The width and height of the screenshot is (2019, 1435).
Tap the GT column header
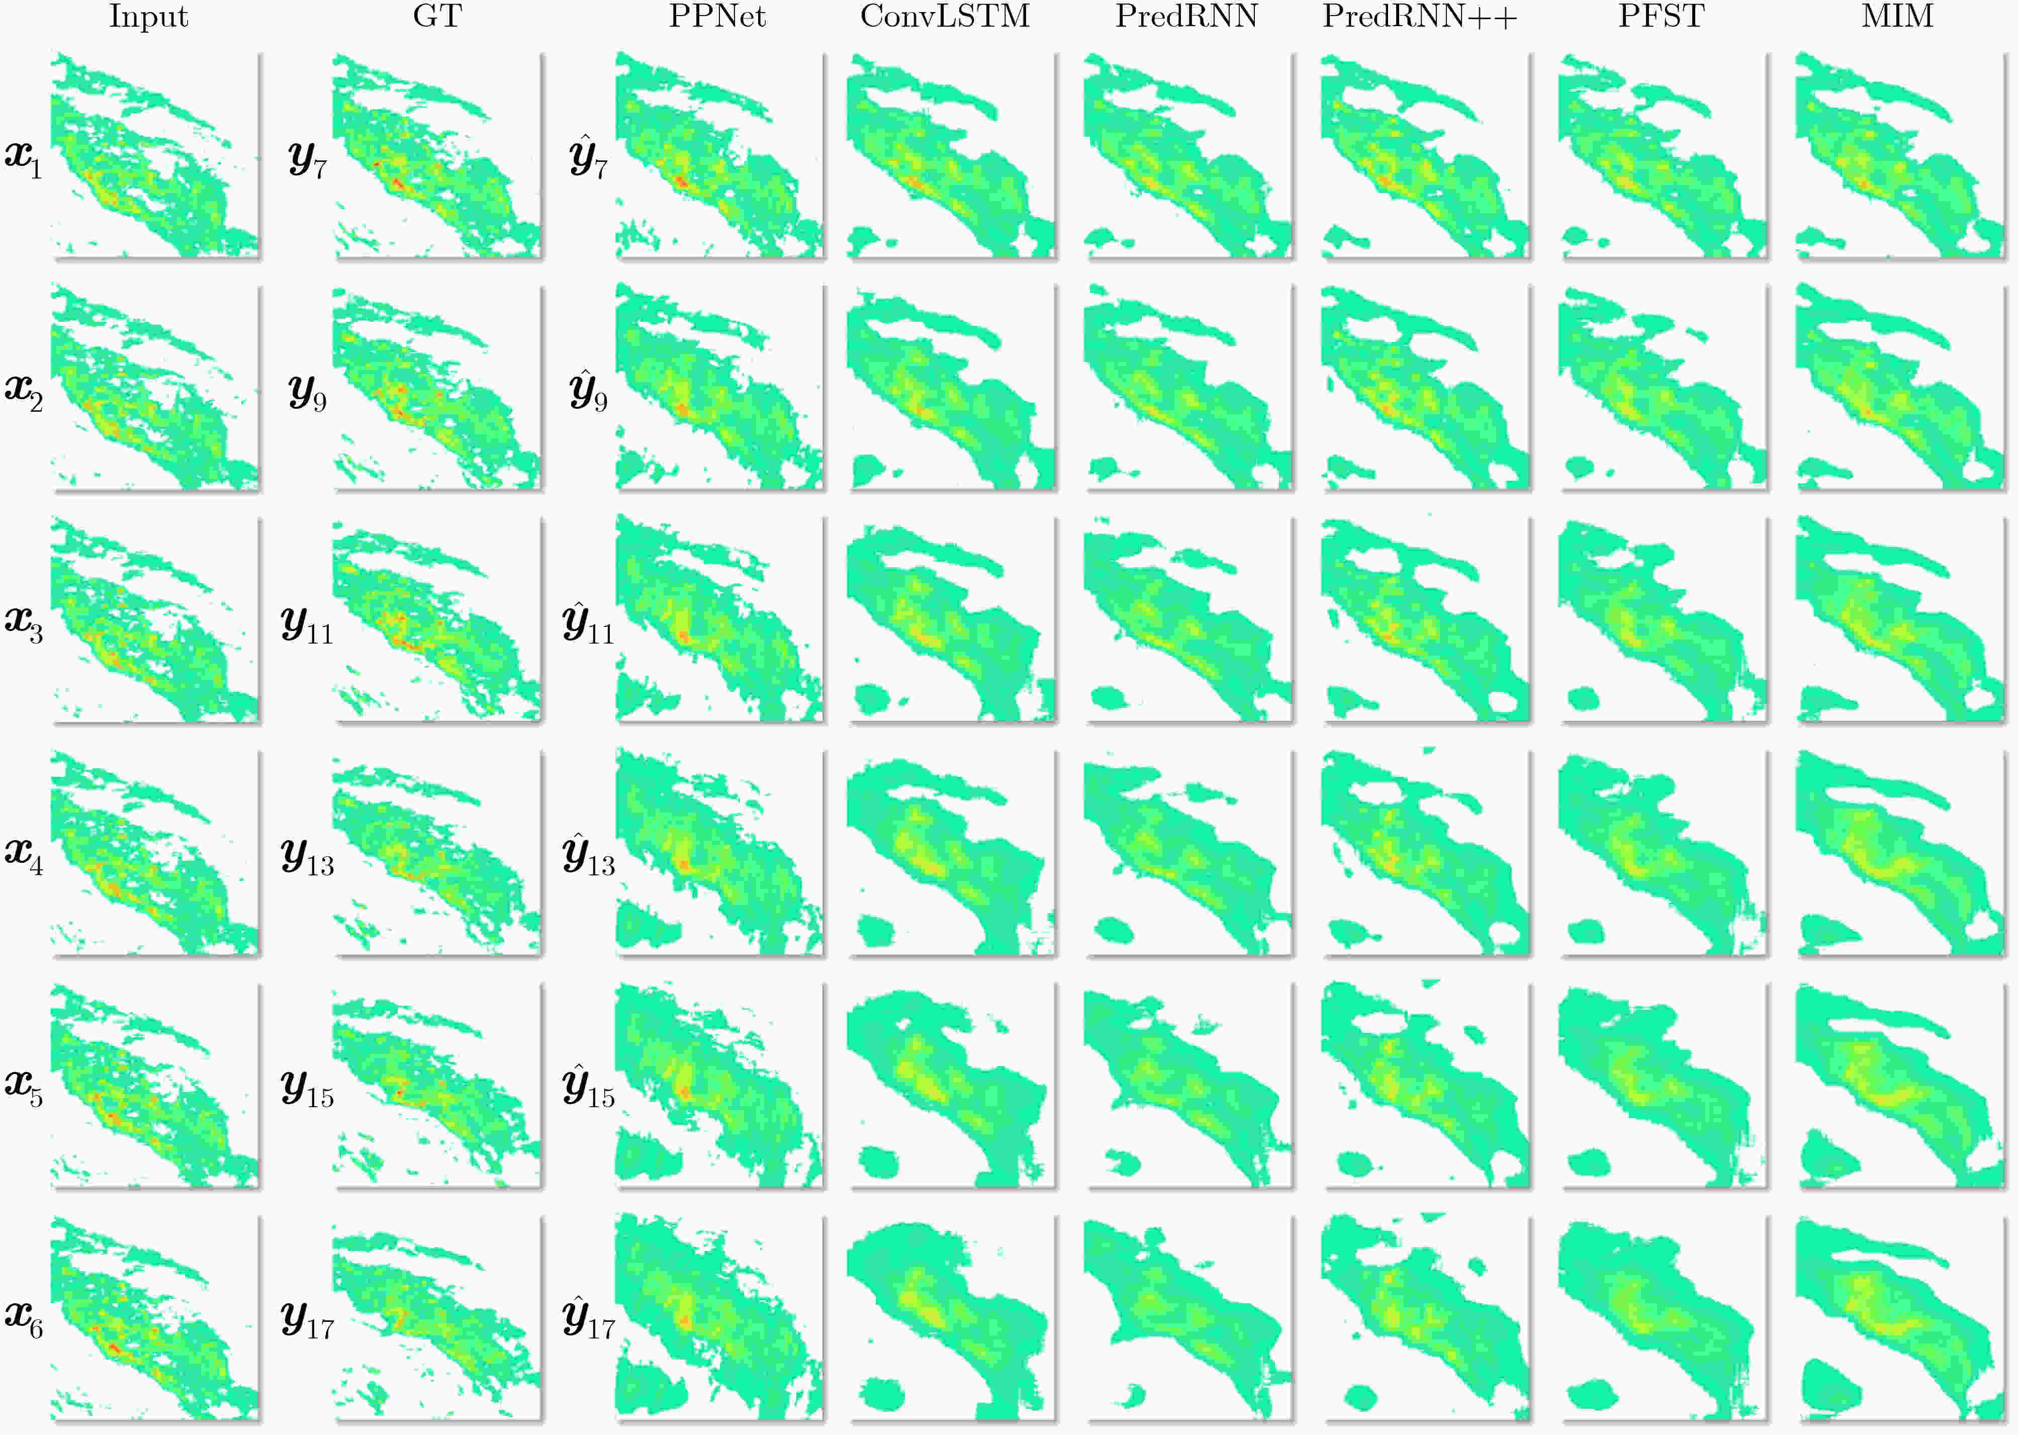(x=437, y=17)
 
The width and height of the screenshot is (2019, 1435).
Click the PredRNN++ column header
(x=1420, y=17)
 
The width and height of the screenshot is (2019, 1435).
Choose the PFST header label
(x=1661, y=17)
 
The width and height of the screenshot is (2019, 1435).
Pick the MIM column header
(x=1897, y=17)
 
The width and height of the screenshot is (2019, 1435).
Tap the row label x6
(x=24, y=1319)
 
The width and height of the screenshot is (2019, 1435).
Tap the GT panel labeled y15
(x=437, y=1086)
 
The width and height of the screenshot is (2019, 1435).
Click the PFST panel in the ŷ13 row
(x=1663, y=853)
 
